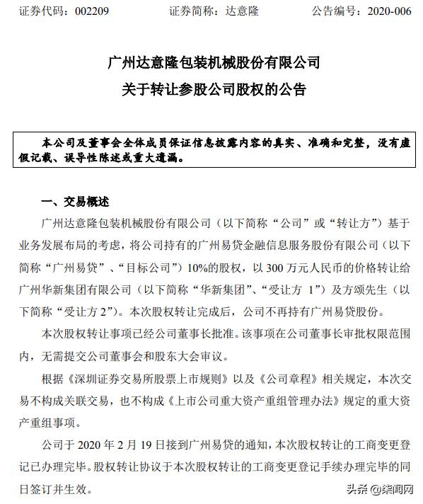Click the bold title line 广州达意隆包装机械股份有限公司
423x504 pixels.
click(x=211, y=63)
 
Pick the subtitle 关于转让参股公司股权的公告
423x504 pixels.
click(x=211, y=91)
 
